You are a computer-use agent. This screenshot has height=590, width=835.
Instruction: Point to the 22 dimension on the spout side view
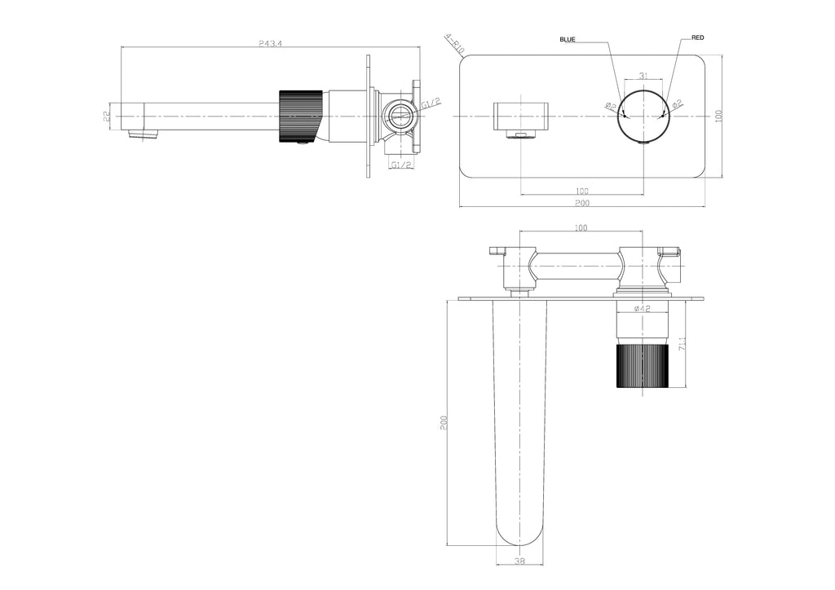[x=108, y=117]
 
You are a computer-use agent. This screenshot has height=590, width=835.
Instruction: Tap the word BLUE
[x=568, y=39]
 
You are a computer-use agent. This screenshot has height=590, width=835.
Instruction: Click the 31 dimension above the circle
[x=643, y=76]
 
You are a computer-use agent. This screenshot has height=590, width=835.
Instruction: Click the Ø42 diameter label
[x=641, y=309]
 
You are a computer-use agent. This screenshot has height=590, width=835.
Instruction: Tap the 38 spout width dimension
[x=519, y=560]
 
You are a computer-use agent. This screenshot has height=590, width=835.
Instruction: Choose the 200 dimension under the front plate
[x=581, y=202]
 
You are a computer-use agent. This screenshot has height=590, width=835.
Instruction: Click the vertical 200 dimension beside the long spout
[x=444, y=422]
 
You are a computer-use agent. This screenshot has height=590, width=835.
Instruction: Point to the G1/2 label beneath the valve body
[x=401, y=165]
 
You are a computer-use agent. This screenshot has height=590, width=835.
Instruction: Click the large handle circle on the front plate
[x=644, y=117]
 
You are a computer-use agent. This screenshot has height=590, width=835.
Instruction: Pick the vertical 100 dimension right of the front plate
[x=718, y=116]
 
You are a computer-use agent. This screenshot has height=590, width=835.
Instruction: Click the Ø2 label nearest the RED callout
[x=677, y=104]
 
